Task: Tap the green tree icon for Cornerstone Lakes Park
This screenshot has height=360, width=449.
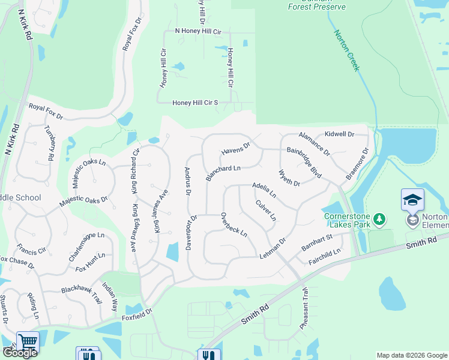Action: tap(379, 220)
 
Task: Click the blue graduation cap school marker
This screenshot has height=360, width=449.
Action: tap(412, 200)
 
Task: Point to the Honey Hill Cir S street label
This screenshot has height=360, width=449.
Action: tap(195, 103)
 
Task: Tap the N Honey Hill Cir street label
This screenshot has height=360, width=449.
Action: tap(198, 31)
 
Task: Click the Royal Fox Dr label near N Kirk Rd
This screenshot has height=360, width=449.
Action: tap(46, 110)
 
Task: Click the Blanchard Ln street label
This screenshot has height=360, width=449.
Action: tap(223, 173)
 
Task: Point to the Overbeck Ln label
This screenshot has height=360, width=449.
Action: tap(234, 224)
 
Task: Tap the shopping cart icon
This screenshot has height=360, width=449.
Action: tap(28, 341)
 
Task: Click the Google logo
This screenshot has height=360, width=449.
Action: tap(19, 353)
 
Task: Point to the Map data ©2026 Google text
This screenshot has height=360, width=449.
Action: tap(412, 355)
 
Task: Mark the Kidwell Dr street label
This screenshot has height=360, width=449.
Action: tap(339, 134)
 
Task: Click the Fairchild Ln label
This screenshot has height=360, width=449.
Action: tap(324, 255)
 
